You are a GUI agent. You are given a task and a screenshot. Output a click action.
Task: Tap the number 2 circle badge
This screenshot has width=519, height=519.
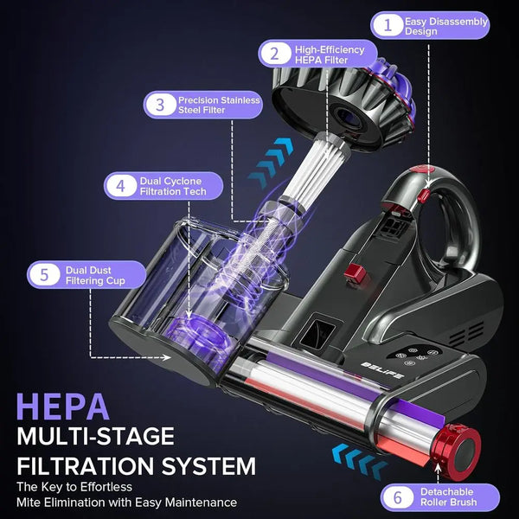tap(274, 54)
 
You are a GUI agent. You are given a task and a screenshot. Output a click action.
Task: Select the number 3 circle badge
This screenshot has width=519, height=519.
tap(159, 106)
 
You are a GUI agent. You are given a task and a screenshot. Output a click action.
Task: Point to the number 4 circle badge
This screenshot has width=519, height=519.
tap(119, 185)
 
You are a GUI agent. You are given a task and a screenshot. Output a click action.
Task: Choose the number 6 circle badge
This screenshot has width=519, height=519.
tap(397, 498)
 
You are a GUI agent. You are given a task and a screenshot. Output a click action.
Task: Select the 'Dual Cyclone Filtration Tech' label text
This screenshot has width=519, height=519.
tap(173, 185)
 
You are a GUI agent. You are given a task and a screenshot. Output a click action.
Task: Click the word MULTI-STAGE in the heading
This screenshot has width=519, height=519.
tap(95, 436)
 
